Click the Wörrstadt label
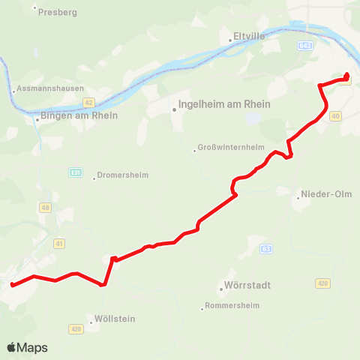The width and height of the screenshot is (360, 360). tap(247, 286)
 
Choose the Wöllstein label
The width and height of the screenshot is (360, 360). tap(115, 319)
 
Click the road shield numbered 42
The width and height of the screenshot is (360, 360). tap(88, 103)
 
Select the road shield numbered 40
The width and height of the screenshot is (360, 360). tap(334, 115)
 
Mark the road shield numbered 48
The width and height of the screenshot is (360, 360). tap(46, 208)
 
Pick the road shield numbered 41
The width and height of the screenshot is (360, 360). tap(60, 243)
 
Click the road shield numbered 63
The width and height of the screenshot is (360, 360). tap(266, 248)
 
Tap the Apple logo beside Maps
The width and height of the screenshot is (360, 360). tap(12, 347)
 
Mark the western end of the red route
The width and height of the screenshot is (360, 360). tap(13, 284)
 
